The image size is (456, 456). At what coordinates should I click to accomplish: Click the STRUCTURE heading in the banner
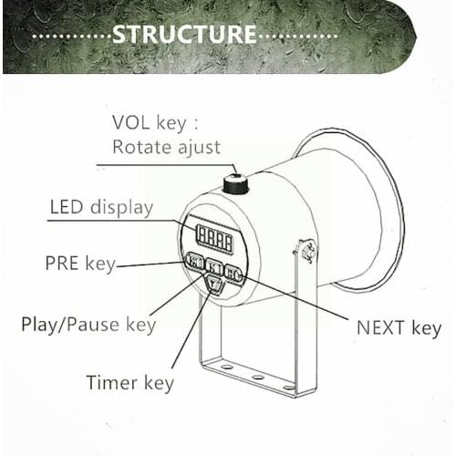[184, 34]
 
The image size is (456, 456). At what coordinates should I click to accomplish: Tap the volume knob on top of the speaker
[236, 183]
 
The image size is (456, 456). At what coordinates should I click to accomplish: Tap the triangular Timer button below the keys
[214, 285]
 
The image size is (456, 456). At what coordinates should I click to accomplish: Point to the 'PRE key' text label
[80, 264]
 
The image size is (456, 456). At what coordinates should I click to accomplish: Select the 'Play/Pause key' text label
[88, 325]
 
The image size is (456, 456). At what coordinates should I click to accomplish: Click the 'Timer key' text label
[130, 383]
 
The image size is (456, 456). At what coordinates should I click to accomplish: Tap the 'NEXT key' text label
[399, 328]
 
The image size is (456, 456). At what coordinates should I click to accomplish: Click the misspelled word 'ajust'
[199, 148]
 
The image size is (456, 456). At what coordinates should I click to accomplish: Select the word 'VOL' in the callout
[131, 122]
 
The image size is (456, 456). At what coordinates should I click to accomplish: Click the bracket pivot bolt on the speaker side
[307, 252]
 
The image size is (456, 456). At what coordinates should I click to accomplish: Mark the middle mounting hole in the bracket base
[258, 378]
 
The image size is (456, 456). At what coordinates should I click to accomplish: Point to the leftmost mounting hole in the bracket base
[227, 367]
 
